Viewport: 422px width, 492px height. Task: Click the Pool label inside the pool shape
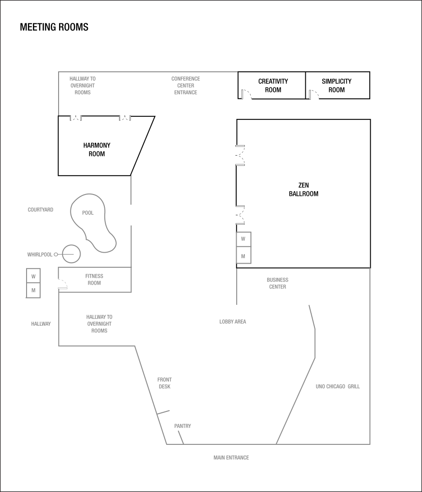tap(88, 213)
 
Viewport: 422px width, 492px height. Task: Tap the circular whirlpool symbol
tap(71, 254)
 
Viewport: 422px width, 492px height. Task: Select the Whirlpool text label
tap(40, 254)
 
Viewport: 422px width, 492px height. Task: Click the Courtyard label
tap(40, 210)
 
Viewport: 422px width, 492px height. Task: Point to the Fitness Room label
tap(94, 280)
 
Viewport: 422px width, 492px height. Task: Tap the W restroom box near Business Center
tap(243, 239)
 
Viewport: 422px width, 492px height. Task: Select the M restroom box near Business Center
tap(243, 256)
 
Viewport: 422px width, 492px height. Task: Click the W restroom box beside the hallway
tap(33, 276)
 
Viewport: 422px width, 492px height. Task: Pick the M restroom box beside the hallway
tap(33, 291)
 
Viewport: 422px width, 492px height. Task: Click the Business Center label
tap(277, 283)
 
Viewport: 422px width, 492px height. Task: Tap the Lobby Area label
tap(233, 322)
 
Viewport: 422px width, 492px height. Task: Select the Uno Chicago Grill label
tap(338, 387)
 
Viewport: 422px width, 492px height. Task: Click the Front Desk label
tap(164, 383)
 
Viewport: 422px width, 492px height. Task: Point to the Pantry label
tap(183, 426)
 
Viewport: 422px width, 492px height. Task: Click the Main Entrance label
tap(231, 458)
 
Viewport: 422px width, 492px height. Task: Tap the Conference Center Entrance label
tap(186, 86)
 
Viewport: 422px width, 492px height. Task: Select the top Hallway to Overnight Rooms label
tap(82, 86)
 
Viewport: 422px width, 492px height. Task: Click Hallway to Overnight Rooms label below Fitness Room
tap(99, 324)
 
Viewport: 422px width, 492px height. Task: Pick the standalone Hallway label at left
tap(41, 324)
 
